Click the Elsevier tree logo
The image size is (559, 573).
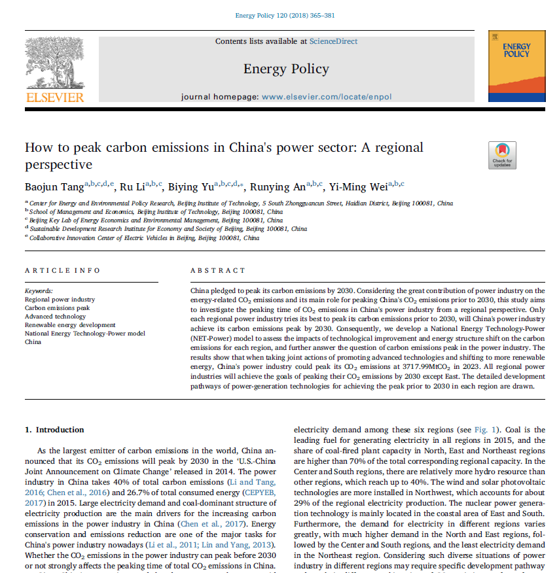pyautogui.click(x=54, y=63)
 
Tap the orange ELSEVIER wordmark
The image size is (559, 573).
pyautogui.click(x=54, y=97)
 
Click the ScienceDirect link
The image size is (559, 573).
pyautogui.click(x=334, y=41)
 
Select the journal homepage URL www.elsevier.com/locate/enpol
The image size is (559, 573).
pyautogui.click(x=327, y=97)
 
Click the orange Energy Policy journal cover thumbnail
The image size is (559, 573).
pyautogui.click(x=516, y=66)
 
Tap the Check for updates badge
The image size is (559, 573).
pyautogui.click(x=503, y=155)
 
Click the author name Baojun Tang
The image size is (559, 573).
pyautogui.click(x=54, y=188)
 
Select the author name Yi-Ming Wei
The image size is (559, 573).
pyautogui.click(x=360, y=188)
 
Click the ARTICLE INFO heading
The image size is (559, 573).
pyautogui.click(x=63, y=270)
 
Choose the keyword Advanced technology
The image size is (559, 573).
pyautogui.click(x=55, y=316)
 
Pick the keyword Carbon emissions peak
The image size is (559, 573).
pyautogui.click(x=57, y=307)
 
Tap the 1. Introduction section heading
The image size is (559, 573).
pyautogui.click(x=54, y=430)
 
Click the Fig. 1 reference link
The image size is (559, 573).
pyautogui.click(x=479, y=430)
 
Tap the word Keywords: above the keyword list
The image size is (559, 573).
pyautogui.click(x=39, y=290)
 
